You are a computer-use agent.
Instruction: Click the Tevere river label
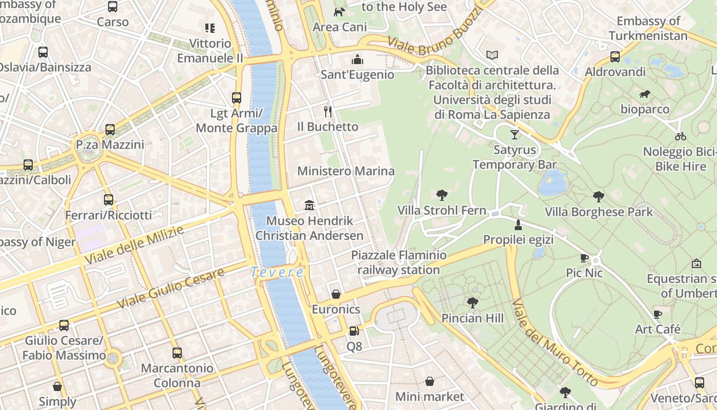click(277, 273)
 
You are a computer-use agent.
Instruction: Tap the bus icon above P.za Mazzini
click(110, 130)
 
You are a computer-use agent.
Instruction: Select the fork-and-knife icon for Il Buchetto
click(328, 111)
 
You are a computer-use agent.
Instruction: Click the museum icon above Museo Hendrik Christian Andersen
click(309, 206)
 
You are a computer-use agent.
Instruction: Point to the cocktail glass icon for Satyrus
click(515, 135)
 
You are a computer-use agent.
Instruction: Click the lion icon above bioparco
click(645, 94)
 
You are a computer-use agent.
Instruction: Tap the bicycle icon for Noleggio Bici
click(680, 136)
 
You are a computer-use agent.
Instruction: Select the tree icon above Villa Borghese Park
click(598, 196)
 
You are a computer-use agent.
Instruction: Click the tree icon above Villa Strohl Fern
click(441, 195)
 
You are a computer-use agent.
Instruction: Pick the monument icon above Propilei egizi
click(518, 224)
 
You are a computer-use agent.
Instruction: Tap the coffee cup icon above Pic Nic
click(584, 258)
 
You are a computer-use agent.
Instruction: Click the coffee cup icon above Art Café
click(658, 314)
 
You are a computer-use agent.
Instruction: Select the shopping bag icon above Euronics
click(336, 294)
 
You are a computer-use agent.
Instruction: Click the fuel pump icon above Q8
click(353, 332)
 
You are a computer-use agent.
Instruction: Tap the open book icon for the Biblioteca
click(492, 55)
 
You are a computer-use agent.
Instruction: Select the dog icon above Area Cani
click(340, 12)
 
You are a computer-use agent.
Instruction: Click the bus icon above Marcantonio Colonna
click(177, 353)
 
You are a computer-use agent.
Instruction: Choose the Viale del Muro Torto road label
click(555, 342)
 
